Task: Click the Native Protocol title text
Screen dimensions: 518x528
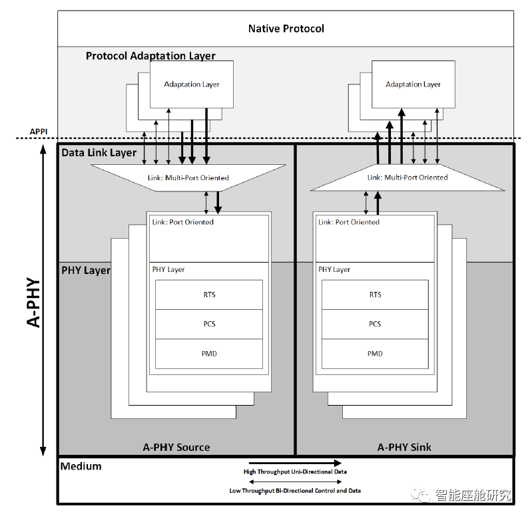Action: coord(286,29)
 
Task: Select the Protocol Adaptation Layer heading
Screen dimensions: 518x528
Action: coord(150,56)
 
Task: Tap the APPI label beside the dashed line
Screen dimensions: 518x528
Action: coord(40,132)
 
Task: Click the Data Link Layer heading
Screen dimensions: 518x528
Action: coord(99,153)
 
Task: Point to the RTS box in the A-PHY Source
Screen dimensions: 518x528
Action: coord(209,295)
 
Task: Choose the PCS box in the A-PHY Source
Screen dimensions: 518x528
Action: coord(209,324)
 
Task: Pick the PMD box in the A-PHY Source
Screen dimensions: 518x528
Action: coord(209,353)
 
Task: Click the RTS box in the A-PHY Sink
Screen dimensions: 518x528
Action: coord(375,295)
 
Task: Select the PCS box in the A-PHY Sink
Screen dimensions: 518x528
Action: coord(375,324)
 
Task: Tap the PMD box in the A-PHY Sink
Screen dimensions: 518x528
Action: coord(375,353)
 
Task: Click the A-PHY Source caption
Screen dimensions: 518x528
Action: coord(176,447)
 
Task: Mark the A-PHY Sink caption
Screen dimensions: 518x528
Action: coord(404,447)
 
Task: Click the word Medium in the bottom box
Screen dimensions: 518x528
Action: coord(81,466)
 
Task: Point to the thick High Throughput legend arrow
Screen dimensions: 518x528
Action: coord(295,463)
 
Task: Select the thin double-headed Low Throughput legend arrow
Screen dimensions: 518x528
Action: coord(295,481)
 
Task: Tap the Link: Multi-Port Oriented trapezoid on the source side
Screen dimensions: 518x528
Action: coord(188,178)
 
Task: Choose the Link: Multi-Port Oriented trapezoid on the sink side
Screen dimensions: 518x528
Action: coord(407,178)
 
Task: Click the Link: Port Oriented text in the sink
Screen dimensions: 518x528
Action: coord(349,222)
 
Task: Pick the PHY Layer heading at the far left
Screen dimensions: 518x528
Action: coord(86,271)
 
